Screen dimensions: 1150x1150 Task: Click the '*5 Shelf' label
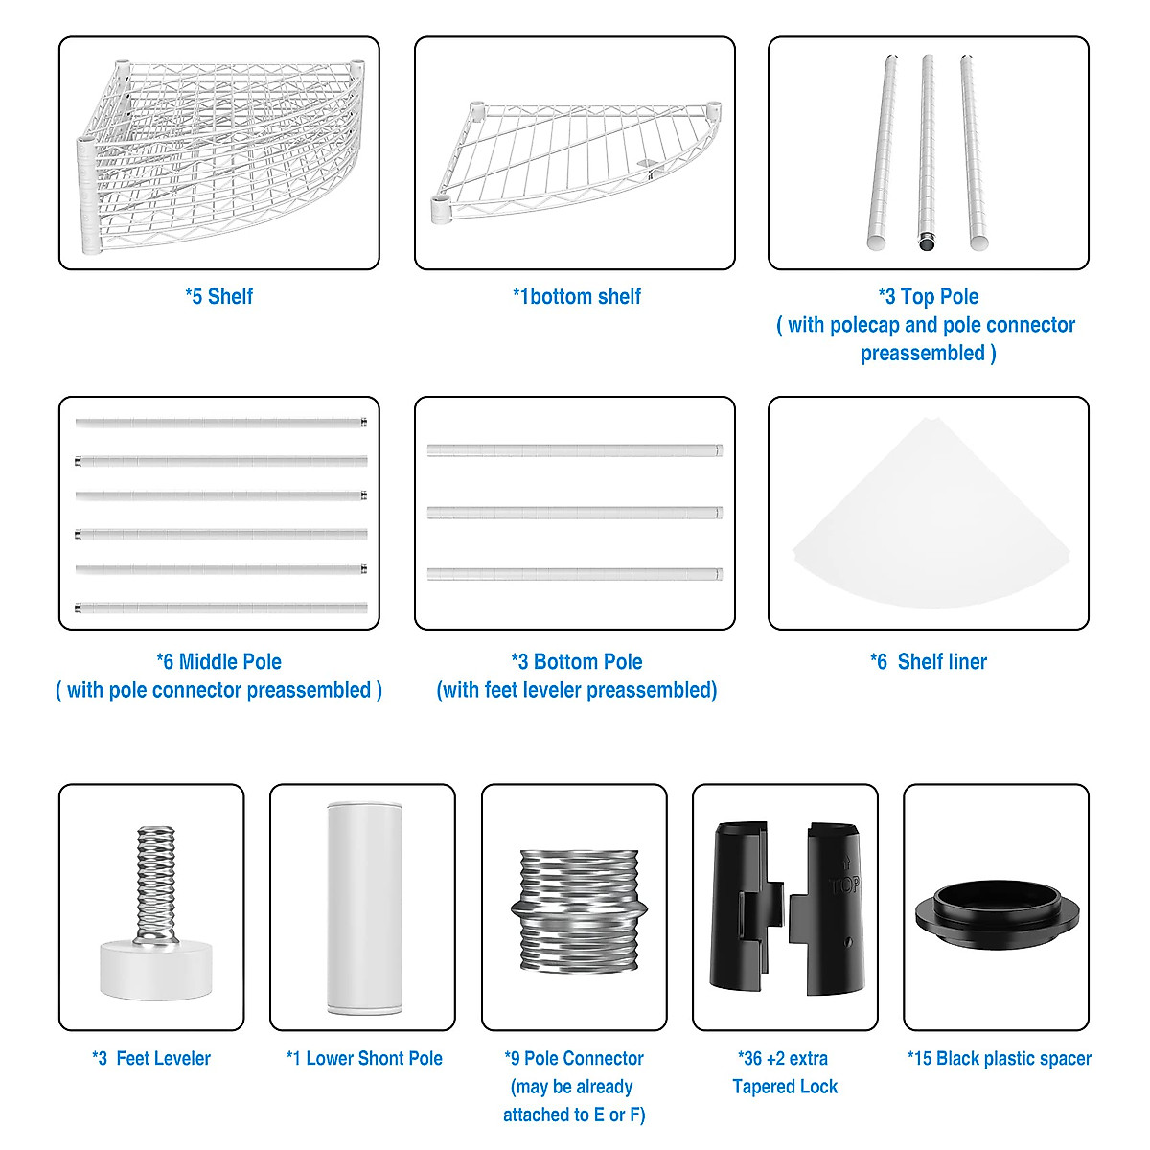(218, 296)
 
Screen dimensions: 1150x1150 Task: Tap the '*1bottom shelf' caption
(576, 296)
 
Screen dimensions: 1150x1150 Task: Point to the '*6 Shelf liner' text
(928, 661)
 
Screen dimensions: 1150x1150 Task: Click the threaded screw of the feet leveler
(156, 882)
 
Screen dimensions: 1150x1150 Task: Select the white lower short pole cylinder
(362, 908)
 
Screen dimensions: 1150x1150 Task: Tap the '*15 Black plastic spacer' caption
(999, 1058)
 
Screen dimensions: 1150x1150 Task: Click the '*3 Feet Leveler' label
(151, 1058)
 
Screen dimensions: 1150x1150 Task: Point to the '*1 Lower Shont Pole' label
(364, 1058)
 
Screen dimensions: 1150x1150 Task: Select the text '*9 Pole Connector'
(574, 1058)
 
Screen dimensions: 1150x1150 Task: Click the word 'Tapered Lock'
(785, 1086)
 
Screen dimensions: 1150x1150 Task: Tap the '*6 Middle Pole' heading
(219, 661)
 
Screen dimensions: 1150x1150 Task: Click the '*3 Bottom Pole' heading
(577, 661)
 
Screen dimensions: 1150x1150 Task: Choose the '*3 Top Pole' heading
(928, 296)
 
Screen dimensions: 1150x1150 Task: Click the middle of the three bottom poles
(575, 513)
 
